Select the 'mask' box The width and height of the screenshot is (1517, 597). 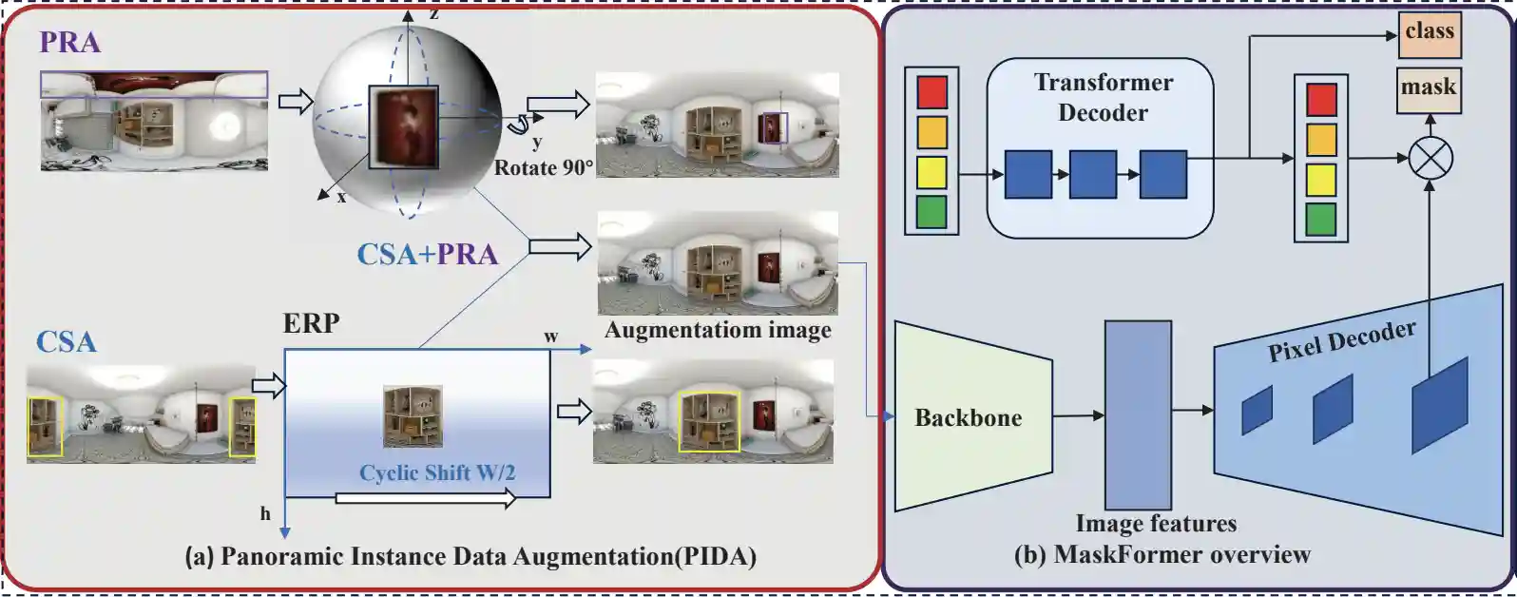coord(1429,87)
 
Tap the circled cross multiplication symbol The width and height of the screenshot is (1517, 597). coord(1430,158)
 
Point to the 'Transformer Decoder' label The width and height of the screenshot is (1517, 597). coord(1103,97)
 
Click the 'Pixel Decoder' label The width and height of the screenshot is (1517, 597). coord(1341,340)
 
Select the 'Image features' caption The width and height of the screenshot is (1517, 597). coord(1156,524)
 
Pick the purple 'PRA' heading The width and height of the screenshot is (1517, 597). coord(69,42)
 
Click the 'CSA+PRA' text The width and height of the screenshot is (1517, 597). coord(427,254)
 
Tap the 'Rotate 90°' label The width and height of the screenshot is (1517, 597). coord(544,168)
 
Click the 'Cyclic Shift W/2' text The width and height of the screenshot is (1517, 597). coord(437,472)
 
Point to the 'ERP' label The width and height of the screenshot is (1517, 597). coord(311,323)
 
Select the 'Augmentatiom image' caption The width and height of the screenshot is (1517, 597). coord(718,330)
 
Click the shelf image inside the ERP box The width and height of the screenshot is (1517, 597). coord(413,415)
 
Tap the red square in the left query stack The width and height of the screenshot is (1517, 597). coord(931,92)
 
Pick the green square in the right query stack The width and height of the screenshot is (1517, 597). coord(1321,220)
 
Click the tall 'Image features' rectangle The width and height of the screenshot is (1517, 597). coord(1137,414)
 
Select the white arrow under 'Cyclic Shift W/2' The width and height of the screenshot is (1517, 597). coord(425,497)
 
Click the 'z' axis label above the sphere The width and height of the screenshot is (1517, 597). coord(433,13)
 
